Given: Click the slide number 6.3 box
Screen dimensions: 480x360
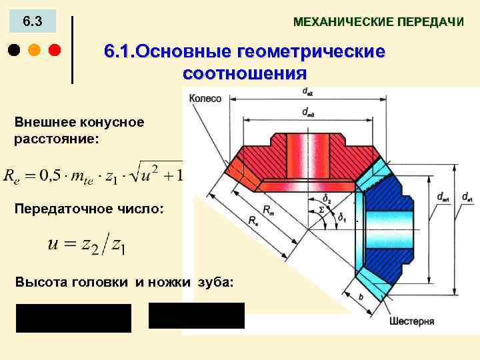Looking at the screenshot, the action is (32, 23).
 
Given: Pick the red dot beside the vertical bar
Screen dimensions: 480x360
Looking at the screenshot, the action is (54, 50).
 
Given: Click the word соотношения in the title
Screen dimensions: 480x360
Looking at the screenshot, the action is (244, 72).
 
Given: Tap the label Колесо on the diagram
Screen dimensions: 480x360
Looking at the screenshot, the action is (205, 98).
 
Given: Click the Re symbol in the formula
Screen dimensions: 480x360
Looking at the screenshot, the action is (11, 176).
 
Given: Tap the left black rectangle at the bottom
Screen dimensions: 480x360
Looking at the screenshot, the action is (73, 318).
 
